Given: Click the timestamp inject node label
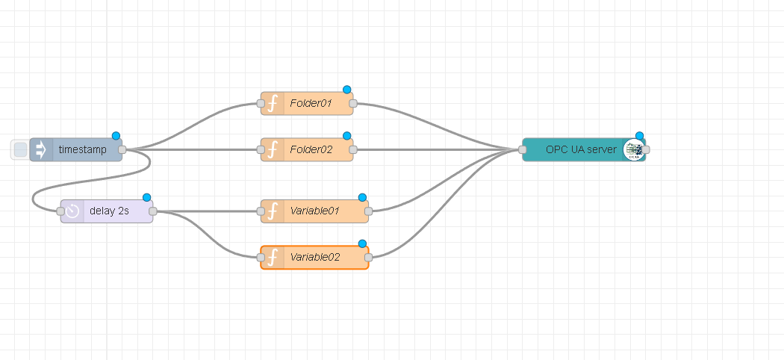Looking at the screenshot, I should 81,150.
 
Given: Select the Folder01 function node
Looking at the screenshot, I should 310,104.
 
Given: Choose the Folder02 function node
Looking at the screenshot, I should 310,150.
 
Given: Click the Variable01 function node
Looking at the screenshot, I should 314,211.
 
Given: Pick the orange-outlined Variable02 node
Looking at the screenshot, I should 314,258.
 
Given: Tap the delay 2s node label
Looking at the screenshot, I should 109,211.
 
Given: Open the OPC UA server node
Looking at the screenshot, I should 580,150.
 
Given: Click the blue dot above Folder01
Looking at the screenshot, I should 347,90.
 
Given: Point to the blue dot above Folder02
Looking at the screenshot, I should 347,136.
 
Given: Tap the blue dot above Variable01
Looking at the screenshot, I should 363,198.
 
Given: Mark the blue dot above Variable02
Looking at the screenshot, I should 363,244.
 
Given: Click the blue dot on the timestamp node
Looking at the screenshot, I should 116,136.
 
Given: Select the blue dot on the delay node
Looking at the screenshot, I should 146,198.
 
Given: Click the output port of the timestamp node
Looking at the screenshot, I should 122,150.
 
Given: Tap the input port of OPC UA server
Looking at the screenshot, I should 523,150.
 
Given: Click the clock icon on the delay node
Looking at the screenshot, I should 72,211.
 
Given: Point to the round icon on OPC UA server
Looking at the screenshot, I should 633,150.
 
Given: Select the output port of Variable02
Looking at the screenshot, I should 369,258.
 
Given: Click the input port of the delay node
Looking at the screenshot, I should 61,211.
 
